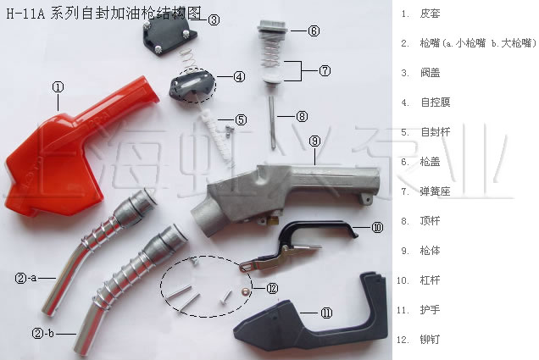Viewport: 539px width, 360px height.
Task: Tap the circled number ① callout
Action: [58, 87]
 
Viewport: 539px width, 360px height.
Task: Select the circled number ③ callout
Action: [214, 20]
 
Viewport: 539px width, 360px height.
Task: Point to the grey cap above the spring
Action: [272, 27]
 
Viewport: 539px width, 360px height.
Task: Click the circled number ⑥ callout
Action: [314, 30]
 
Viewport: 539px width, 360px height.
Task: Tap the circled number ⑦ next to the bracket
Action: [325, 71]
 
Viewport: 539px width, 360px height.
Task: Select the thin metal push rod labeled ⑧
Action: [272, 122]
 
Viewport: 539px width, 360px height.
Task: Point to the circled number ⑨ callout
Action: [314, 141]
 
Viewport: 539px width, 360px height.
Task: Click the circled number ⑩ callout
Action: [377, 227]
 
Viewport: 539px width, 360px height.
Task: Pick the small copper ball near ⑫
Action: [246, 291]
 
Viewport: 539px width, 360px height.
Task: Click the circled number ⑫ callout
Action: [272, 288]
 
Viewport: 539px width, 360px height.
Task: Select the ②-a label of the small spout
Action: [25, 278]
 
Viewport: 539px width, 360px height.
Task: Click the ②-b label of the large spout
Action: [43, 333]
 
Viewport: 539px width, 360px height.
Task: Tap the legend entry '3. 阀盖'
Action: [420, 73]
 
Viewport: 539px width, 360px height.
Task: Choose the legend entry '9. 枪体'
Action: [420, 251]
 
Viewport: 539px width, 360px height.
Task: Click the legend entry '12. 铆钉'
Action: [418, 340]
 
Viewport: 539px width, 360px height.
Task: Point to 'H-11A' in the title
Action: [25, 14]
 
